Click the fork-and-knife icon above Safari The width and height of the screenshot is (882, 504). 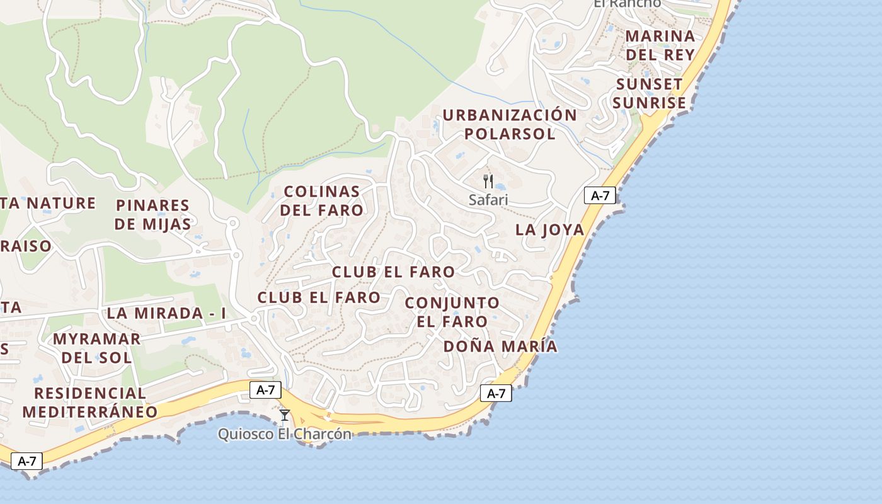(488, 182)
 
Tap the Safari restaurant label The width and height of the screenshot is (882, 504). (488, 200)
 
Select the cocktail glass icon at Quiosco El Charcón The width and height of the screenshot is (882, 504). (285, 415)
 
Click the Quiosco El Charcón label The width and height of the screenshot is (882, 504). (285, 434)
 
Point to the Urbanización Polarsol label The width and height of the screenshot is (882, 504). (509, 124)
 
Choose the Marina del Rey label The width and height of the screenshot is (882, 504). (660, 45)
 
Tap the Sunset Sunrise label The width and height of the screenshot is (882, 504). (650, 94)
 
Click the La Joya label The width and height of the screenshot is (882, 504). (550, 230)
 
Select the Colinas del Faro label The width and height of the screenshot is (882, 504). (321, 200)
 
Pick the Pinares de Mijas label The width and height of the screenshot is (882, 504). (153, 214)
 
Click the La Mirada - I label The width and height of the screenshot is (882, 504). (166, 313)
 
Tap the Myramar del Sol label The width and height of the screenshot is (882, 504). (96, 348)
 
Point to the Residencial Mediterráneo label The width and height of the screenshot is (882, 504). (90, 402)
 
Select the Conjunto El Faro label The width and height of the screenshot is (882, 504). (452, 312)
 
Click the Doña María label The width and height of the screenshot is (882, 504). (500, 346)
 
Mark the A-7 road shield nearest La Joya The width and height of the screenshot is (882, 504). (600, 195)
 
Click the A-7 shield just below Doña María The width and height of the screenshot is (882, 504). (496, 394)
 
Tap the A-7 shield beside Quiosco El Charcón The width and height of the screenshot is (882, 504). (265, 389)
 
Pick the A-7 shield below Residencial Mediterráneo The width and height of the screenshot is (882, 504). (26, 461)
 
